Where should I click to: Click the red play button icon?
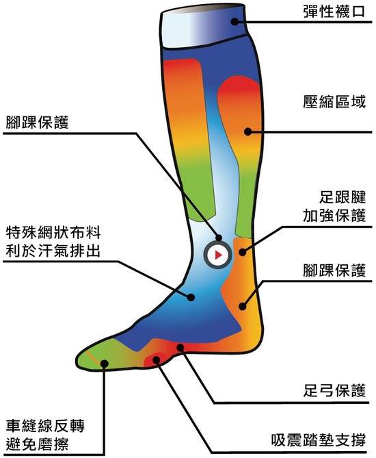click(x=217, y=255)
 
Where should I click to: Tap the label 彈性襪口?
click(x=334, y=12)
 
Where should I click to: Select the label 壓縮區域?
click(x=334, y=102)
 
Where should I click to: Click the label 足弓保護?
click(x=334, y=390)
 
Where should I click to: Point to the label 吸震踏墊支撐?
click(x=319, y=440)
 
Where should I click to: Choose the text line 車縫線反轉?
click(x=45, y=426)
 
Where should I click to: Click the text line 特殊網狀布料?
click(x=53, y=232)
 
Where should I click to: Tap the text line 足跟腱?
click(x=342, y=197)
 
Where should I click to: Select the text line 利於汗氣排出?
click(x=53, y=251)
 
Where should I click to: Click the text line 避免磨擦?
click(x=38, y=444)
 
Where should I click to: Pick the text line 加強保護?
click(x=334, y=216)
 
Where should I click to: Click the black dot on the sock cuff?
click(x=234, y=21)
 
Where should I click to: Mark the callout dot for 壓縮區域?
click(x=247, y=131)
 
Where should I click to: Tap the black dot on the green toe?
click(x=105, y=364)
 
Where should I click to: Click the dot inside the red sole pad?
click(x=157, y=359)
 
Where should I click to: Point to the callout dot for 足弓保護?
click(x=180, y=348)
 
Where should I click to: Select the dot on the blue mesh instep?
click(x=191, y=297)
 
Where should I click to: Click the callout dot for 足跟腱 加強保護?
click(x=243, y=252)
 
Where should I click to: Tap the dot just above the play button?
click(x=219, y=238)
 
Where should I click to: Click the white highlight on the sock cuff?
click(x=181, y=29)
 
